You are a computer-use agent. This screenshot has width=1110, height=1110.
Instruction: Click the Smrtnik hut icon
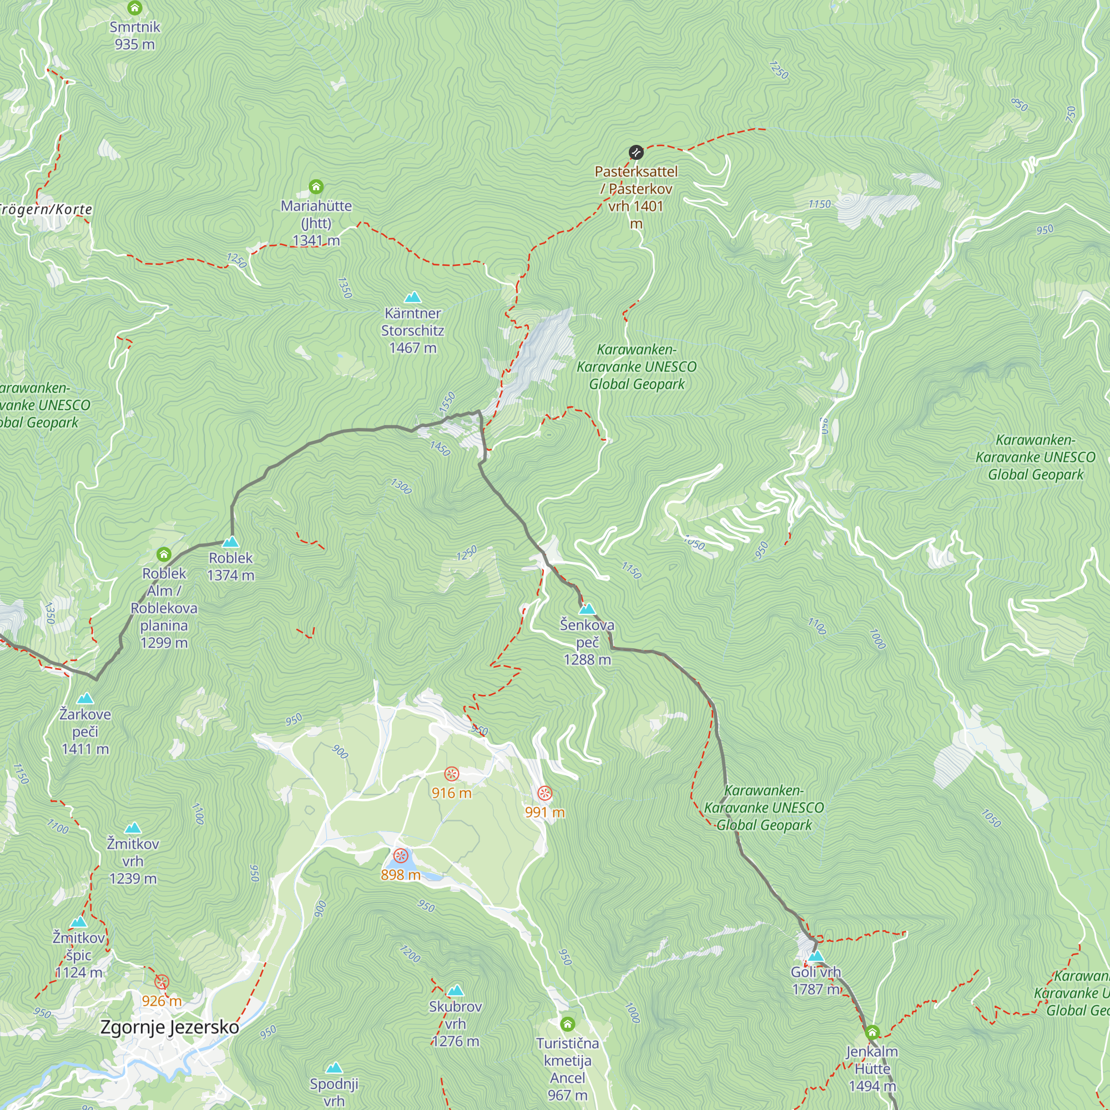134,8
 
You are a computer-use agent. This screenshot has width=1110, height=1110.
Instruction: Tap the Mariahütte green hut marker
316,186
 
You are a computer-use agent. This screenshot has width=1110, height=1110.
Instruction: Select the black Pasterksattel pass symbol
636,152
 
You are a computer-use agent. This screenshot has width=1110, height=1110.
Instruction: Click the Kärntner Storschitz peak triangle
412,297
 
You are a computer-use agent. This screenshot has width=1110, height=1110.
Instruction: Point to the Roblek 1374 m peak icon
230,542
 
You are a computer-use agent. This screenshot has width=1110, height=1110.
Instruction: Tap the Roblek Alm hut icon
164,554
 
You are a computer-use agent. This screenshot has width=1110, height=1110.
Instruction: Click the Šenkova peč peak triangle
587,609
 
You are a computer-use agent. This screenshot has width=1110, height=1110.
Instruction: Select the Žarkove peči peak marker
85,699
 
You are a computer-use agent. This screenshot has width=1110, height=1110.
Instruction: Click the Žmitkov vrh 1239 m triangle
133,828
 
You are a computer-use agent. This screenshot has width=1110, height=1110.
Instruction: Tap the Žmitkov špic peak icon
79,922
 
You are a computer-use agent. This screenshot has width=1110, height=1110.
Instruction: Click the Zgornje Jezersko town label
169,1027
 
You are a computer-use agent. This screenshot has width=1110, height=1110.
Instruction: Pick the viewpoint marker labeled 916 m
452,774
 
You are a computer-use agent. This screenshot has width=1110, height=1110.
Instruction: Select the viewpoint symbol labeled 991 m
544,794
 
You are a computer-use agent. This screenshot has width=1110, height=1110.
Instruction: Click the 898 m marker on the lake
401,856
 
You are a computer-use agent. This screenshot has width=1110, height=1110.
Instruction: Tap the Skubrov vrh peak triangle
456,991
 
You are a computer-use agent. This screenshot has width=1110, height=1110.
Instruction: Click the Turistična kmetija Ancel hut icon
568,1024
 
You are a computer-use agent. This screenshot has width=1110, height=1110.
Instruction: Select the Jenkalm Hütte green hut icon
872,1032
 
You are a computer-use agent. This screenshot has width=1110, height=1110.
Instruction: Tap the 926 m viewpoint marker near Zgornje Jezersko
162,982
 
